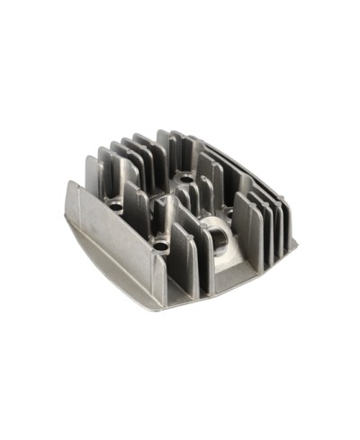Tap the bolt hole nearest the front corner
coord(160,244)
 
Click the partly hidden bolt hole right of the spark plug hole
coord(229,212)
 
